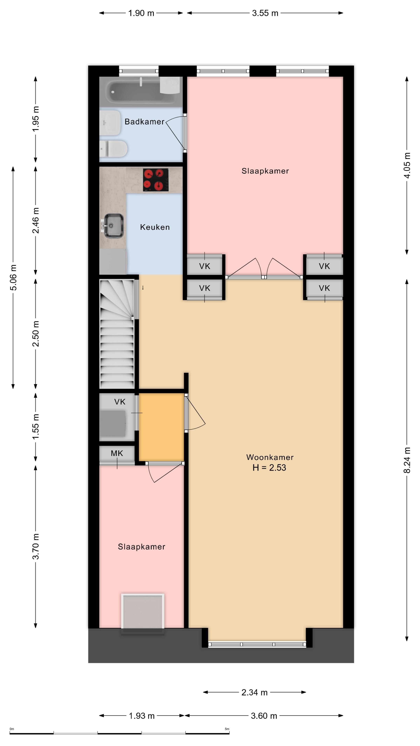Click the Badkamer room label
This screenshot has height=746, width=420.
pyautogui.click(x=144, y=122)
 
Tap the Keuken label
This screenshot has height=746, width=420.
pyautogui.click(x=155, y=227)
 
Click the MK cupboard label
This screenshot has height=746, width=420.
pyautogui.click(x=117, y=453)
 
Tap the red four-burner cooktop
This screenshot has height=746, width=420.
pyautogui.click(x=156, y=180)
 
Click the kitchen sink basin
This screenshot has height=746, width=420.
pyautogui.click(x=113, y=226)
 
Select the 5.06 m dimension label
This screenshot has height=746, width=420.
pyautogui.click(x=13, y=277)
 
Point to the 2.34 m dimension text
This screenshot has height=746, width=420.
pyautogui.click(x=254, y=692)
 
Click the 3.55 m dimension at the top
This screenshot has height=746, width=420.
pyautogui.click(x=265, y=13)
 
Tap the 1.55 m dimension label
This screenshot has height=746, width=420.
pyautogui.click(x=35, y=427)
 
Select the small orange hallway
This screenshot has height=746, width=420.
pyautogui.click(x=161, y=427)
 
